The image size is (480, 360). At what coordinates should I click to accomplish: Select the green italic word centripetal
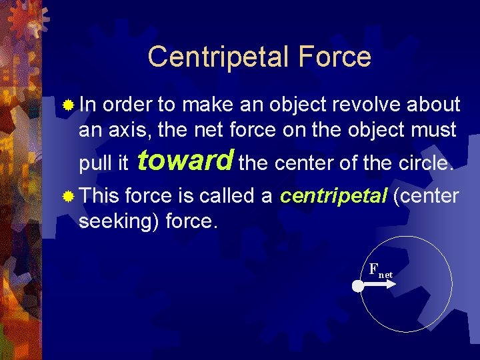334,196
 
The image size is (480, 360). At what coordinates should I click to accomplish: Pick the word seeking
113,221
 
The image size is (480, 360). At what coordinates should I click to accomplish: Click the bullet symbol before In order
68,105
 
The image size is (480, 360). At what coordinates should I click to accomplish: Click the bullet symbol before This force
68,197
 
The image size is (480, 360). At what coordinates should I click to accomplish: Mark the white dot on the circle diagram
358,286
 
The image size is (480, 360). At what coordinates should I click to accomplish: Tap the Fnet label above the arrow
380,271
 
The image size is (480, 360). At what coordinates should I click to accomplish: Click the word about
432,105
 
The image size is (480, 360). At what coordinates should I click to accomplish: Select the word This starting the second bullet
99,196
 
